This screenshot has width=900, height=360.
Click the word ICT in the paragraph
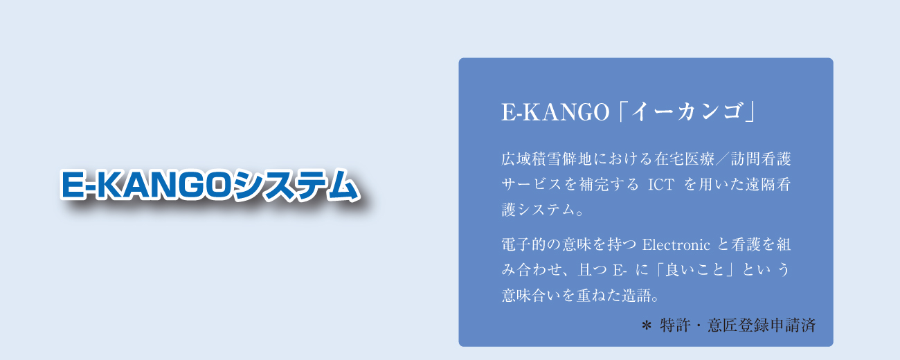click(x=661, y=184)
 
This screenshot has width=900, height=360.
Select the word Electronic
click(x=676, y=244)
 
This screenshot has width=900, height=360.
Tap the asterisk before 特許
click(x=647, y=325)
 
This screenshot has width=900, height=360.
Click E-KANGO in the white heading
click(x=556, y=112)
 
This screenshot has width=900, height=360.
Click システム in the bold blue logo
click(x=296, y=184)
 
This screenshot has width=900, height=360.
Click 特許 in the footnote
click(x=674, y=325)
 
